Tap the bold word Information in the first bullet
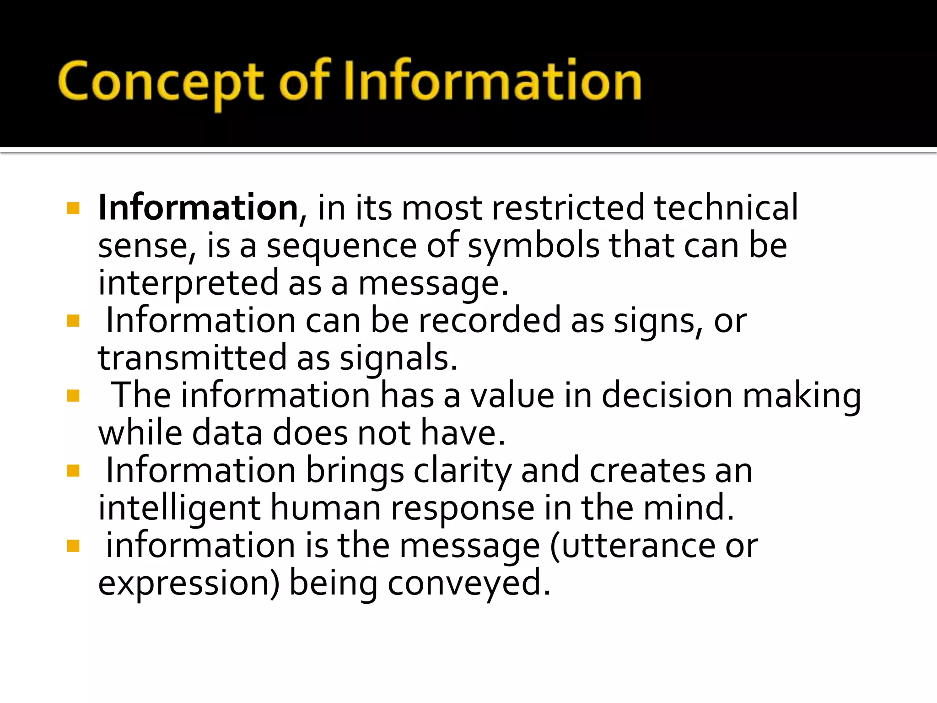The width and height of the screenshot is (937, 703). [198, 208]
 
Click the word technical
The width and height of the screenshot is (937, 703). [726, 208]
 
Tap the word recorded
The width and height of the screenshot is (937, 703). [490, 320]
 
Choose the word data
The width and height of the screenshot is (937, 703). [227, 433]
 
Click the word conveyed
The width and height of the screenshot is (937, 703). [469, 584]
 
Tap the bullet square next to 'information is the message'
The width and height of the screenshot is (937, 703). [73, 546]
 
